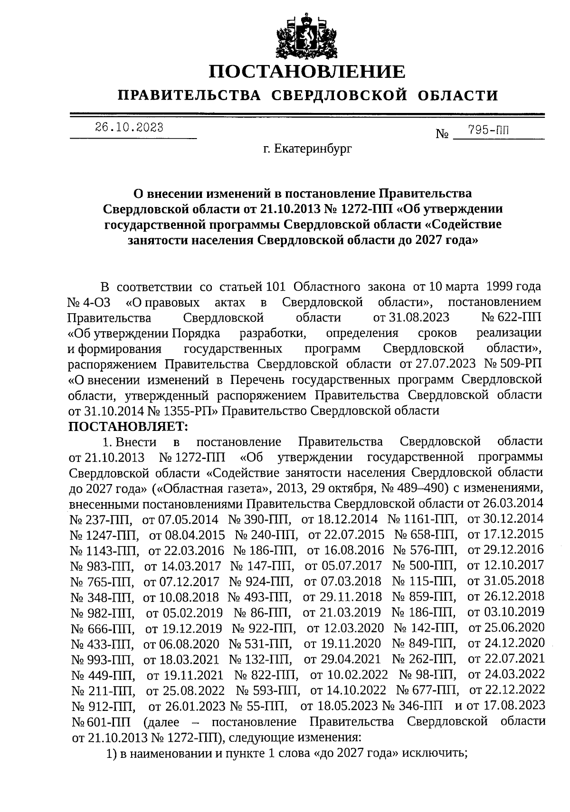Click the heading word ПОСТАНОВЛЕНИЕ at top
pos(308,72)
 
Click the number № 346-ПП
pos(412,706)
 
